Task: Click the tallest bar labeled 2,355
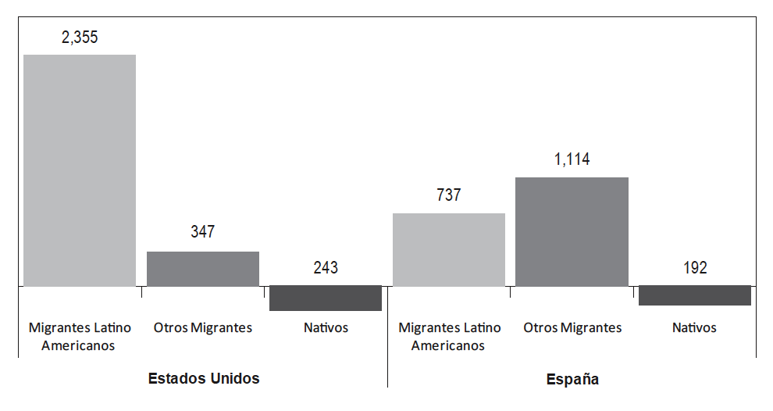[80, 170]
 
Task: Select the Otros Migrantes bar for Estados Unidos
[203, 269]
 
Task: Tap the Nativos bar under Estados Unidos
[326, 298]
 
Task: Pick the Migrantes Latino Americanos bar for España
[449, 249]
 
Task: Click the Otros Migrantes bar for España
[572, 231]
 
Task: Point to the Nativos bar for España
[695, 295]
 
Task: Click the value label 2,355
[80, 38]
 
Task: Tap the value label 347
[203, 232]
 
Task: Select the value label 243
[326, 268]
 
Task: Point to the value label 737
[449, 195]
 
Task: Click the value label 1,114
[572, 159]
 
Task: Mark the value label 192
[695, 268]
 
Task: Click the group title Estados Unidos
[204, 379]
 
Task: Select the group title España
[572, 379]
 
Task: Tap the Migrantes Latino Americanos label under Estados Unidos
[80, 336]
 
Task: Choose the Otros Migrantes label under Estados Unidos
[203, 327]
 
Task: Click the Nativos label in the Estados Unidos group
[326, 327]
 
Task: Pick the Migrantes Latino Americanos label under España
[449, 336]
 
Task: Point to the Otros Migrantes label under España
[572, 327]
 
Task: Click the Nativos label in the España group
[694, 327]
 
